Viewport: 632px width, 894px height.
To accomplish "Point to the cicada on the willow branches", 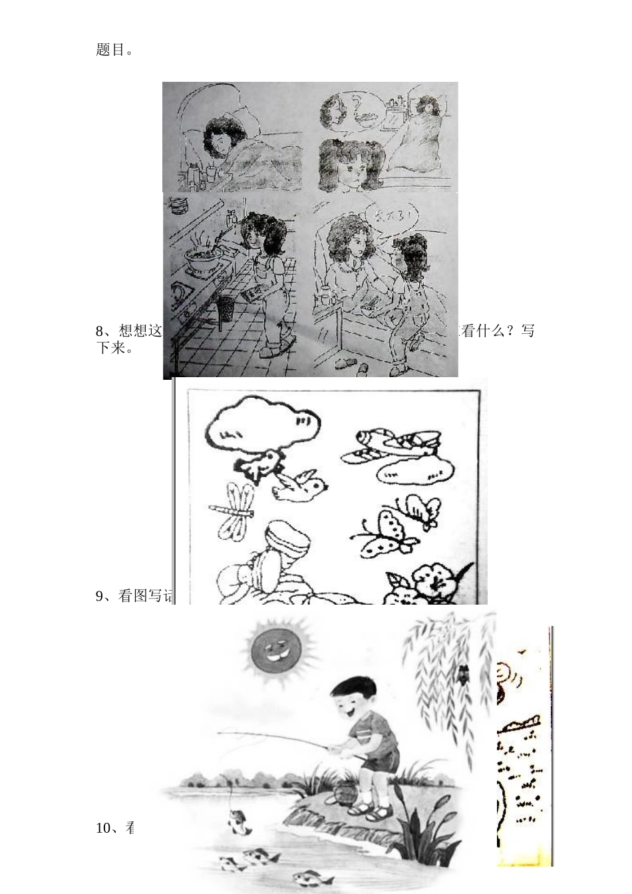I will click(460, 673).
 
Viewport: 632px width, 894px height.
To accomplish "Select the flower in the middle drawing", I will click(433, 583).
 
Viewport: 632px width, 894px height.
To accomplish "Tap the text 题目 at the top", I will click(110, 50).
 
